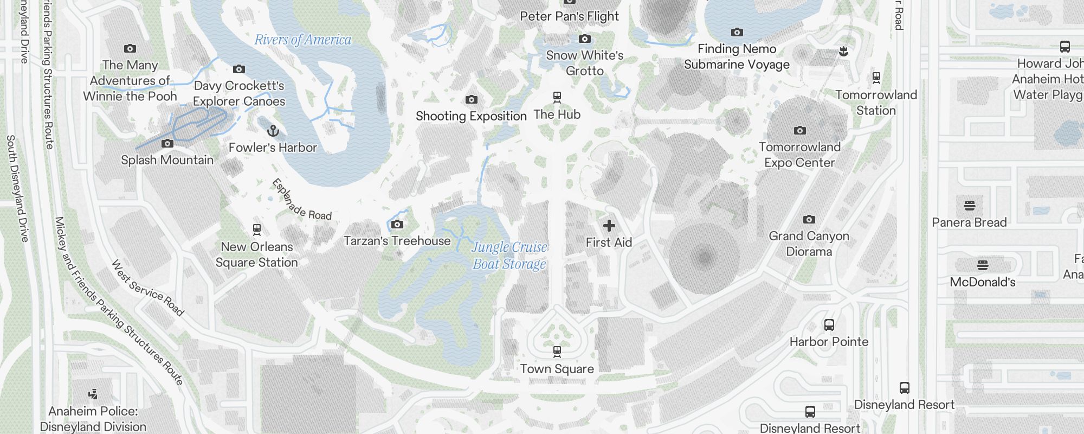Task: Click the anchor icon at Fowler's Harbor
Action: [273, 131]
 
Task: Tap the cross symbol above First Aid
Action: [609, 225]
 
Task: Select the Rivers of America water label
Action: [302, 40]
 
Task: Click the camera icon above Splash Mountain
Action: [167, 143]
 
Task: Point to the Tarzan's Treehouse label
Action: [397, 241]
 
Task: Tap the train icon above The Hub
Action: [557, 98]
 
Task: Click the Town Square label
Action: [557, 369]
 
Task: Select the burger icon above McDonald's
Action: [982, 265]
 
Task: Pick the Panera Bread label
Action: [969, 222]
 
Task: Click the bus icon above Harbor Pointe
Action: [829, 325]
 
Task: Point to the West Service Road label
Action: [147, 288]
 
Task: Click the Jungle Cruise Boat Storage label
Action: [509, 256]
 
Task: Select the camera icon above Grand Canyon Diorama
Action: [809, 219]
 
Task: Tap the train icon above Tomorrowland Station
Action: [876, 78]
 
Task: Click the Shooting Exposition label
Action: [471, 116]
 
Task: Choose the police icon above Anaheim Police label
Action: [93, 394]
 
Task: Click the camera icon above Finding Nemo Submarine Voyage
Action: [737, 33]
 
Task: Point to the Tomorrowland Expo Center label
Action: [799, 155]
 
